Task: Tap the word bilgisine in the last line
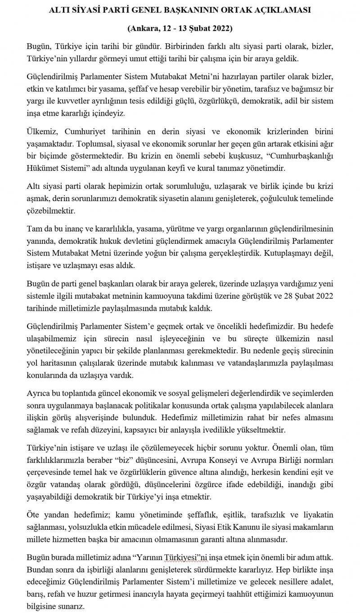point(43,606)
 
